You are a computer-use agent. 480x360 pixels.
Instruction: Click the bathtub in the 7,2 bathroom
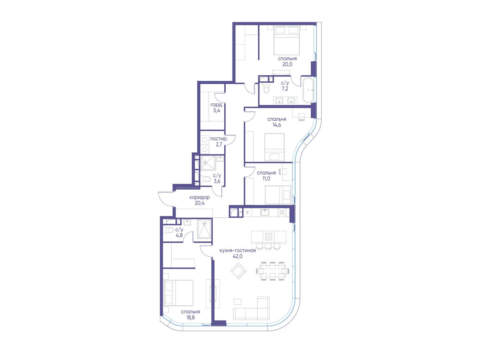point(308,90)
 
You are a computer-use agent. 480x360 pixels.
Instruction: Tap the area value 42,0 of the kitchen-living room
point(238,256)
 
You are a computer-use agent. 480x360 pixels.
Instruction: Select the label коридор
point(199,197)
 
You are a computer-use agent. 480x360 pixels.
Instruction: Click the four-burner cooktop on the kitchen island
point(268,236)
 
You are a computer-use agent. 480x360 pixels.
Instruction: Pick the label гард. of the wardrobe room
point(217,105)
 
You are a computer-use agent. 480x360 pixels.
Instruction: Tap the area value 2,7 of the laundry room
point(219,145)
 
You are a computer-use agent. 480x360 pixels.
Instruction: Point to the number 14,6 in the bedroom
point(277,125)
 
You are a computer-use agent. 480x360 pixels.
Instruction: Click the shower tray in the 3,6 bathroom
point(208,163)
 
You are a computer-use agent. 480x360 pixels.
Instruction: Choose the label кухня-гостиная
point(238,250)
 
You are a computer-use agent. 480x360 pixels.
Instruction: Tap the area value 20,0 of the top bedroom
point(287,64)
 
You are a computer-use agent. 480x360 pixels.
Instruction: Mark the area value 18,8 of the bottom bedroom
point(190,317)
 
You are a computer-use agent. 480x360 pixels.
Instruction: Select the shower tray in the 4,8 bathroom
point(205,229)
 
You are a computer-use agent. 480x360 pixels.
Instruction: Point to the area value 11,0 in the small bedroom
point(266,178)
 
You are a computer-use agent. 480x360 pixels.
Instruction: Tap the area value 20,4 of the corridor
point(200,203)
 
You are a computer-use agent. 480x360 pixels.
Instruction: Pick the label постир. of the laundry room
point(219,139)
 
